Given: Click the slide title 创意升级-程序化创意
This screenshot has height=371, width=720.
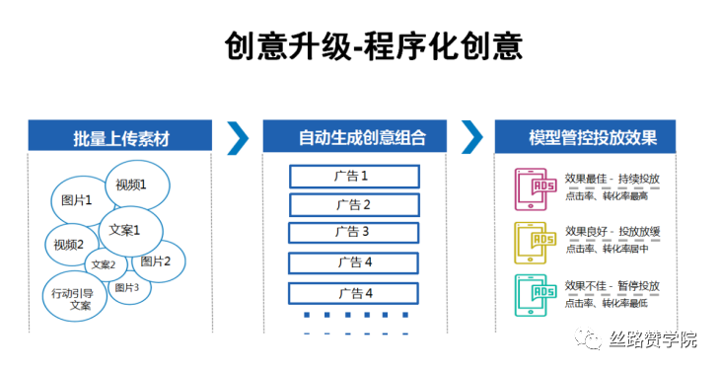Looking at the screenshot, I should coord(373,45).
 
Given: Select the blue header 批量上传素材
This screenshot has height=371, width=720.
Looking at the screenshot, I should coord(120,137).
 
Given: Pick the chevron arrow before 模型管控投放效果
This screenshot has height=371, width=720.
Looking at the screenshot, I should coord(472,137).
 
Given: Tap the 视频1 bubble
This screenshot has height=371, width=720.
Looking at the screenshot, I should coord(131,184).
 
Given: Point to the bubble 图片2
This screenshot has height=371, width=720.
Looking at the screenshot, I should coord(156,260).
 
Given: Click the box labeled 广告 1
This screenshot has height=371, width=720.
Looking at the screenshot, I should coord(353,177).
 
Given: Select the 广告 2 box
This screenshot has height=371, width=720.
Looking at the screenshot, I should coord(353,205).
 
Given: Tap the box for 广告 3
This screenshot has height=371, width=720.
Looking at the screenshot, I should coord(353,233).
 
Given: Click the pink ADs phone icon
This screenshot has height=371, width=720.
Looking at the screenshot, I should coord(535,188).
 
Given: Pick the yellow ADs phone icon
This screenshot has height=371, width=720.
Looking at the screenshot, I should coord(535,242).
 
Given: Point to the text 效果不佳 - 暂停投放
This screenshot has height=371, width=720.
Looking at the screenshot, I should coord(612,286).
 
